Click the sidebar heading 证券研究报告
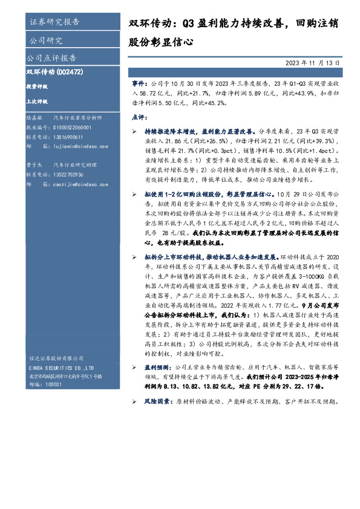click(x=54, y=22)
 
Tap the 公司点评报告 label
click(x=51, y=58)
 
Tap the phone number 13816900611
click(x=68, y=137)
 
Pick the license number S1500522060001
click(x=72, y=128)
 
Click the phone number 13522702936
click(x=68, y=175)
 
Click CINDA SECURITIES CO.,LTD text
click(x=61, y=368)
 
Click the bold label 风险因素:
click(x=157, y=401)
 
